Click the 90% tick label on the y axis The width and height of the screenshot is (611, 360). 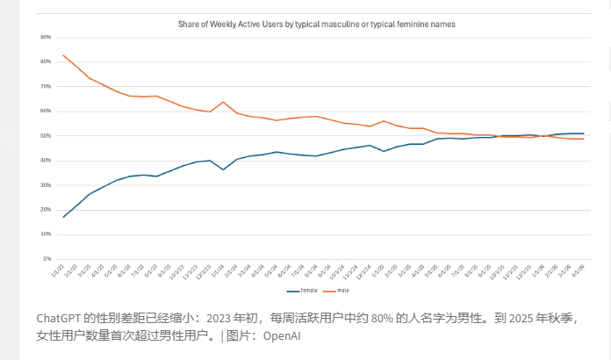pos(46,38)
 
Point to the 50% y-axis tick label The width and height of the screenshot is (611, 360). pos(46,136)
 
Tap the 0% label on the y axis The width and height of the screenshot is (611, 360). pos(47,259)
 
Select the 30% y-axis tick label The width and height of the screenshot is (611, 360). pos(46,185)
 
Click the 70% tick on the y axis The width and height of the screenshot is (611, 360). pos(46,87)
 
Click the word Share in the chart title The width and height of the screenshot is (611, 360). pos(188,25)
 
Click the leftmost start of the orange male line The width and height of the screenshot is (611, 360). pos(63,55)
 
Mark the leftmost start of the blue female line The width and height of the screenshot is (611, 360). pos(63,217)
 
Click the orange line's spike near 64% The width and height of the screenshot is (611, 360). pos(223,102)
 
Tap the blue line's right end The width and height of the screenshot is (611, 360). pos(584,133)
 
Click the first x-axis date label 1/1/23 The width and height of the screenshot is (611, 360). pos(60,270)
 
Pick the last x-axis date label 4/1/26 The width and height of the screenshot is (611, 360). pos(580,270)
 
